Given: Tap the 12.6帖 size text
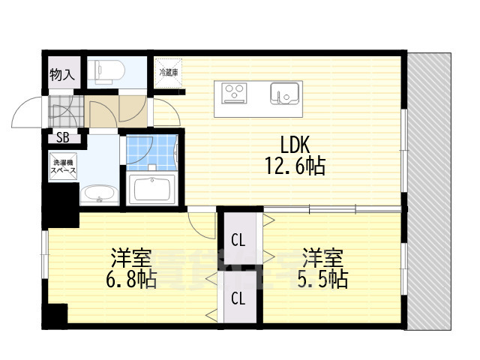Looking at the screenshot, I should point(294,166).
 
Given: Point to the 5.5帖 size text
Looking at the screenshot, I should point(325,280).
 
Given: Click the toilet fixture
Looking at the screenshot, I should point(103,71).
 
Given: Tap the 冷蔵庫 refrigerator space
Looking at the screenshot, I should point(168,73).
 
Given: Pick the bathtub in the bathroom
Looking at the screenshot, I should point(153,189).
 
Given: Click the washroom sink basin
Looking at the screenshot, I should point(99,194).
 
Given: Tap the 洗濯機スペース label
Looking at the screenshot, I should point(64,167).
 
